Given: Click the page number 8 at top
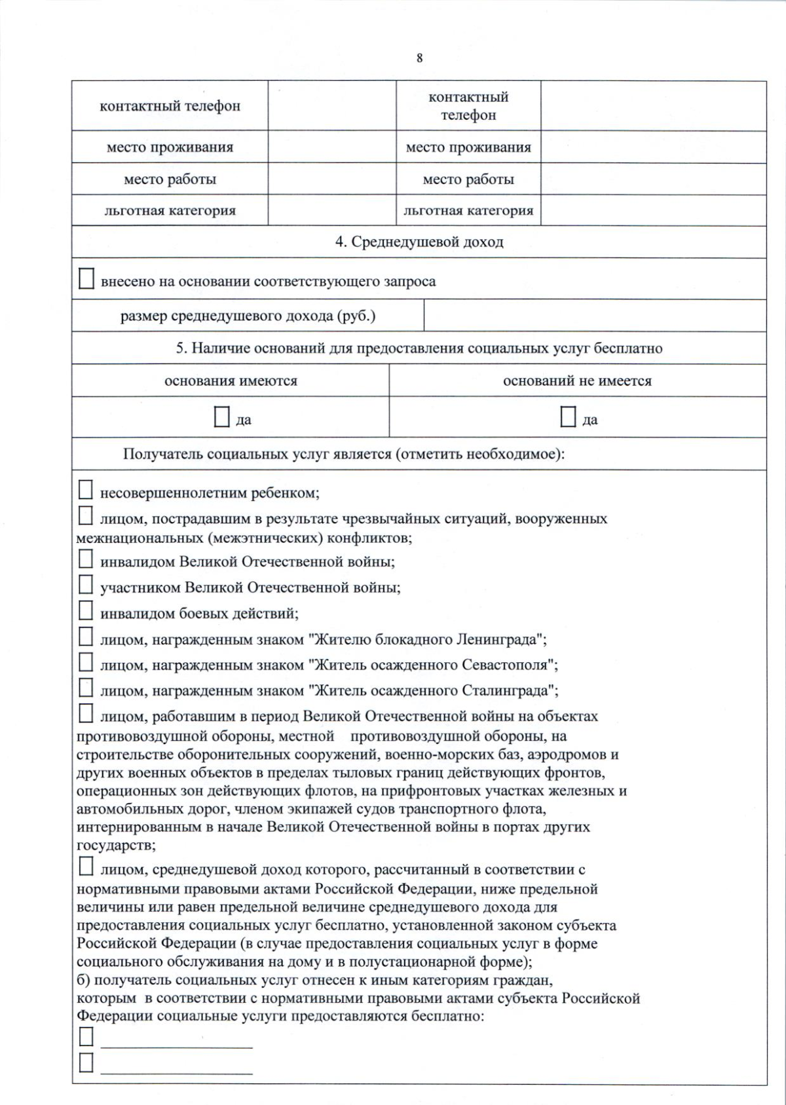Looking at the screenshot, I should click(419, 58).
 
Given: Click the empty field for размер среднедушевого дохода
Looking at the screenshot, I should click(595, 316).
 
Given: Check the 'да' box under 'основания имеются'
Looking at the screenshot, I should click(222, 417).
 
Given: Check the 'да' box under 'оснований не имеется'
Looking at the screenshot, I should click(568, 417).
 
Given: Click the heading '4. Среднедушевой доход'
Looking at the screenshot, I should click(419, 242).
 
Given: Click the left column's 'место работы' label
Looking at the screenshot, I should click(170, 179).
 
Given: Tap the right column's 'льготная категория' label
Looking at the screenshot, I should click(468, 211).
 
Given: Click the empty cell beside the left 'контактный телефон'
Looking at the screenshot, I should click(331, 106).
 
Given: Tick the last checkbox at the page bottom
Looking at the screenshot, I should click(86, 1062).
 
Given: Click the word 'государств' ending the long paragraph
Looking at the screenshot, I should click(115, 846).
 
